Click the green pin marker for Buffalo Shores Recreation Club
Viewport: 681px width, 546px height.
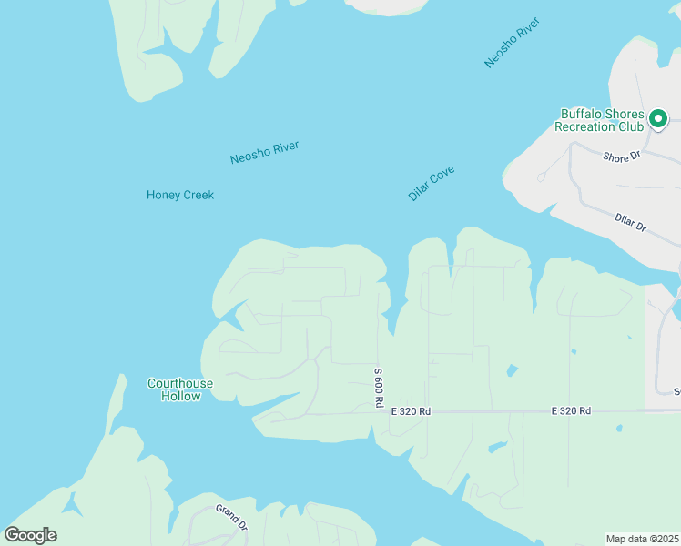[x=657, y=118]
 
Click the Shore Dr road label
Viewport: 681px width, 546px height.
[x=622, y=157]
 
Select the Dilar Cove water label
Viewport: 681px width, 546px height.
[x=432, y=183]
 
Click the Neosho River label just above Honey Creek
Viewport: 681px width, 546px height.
[x=264, y=152]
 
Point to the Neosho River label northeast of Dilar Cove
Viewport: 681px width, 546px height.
[x=513, y=42]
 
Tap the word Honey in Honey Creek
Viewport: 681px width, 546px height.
[x=163, y=195]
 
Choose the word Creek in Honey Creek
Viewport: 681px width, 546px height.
[x=198, y=195]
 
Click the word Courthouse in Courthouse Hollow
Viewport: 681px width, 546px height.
[x=180, y=383]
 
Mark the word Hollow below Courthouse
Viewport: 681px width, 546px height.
[x=180, y=396]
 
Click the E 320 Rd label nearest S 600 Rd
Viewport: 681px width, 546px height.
[x=410, y=412]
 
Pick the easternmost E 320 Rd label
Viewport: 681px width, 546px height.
[x=571, y=411]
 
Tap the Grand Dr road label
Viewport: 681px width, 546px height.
[x=231, y=517]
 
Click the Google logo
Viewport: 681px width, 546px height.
[x=30, y=535]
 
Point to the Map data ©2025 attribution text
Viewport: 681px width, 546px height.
[x=643, y=539]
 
